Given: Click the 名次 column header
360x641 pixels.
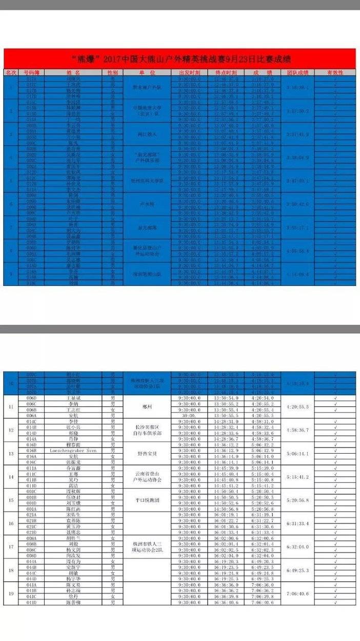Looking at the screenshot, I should tap(11, 73).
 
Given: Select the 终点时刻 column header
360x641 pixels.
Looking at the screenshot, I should tap(226, 73).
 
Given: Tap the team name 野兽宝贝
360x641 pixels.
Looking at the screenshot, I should tap(147, 454).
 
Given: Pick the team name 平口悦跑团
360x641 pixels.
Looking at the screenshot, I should tap(147, 500).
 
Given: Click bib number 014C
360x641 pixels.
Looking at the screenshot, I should tap(31, 421).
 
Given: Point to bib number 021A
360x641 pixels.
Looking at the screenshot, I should tap(31, 515).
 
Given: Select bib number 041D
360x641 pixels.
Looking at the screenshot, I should tap(31, 601).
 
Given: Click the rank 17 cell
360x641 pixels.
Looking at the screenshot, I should tap(11, 547).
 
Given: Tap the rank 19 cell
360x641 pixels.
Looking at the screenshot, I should tap(11, 593).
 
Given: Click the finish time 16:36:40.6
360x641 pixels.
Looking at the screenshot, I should tap(226, 601).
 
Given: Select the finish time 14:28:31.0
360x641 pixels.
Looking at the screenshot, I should tap(226, 421).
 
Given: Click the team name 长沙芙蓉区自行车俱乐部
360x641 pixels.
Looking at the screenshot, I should tap(147, 430).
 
